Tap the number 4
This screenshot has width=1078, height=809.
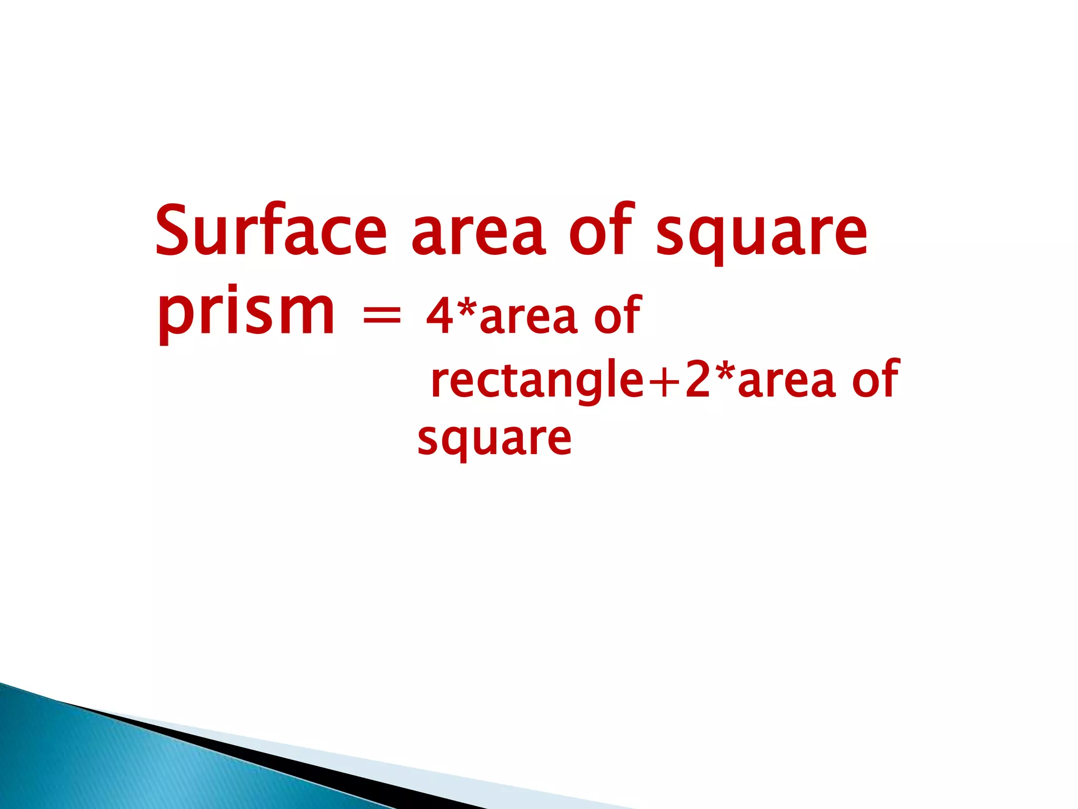[440, 316]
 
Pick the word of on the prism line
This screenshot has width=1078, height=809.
[617, 315]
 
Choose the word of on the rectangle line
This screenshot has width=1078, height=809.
[875, 378]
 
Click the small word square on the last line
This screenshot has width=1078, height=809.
[494, 440]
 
